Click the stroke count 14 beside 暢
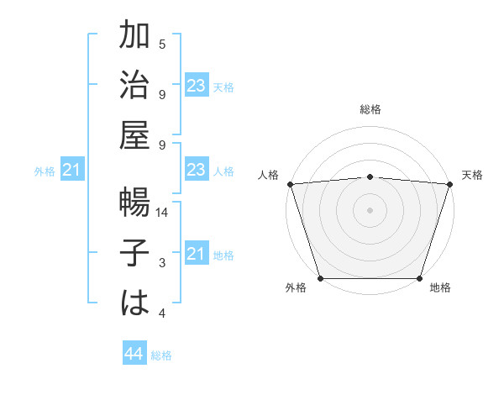tap(162, 213)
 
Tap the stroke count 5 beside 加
tap(162, 45)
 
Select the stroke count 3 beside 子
tap(162, 264)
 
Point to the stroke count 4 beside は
tap(162, 313)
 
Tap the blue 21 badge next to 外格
tap(72, 171)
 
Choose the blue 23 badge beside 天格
tap(197, 85)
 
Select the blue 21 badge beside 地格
tap(197, 253)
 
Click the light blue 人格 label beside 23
tap(223, 171)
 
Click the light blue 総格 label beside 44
tap(161, 355)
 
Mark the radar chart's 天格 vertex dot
tap(449, 183)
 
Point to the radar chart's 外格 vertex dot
tap(321, 278)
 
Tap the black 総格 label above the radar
tap(370, 109)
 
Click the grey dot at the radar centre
tap(370, 209)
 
